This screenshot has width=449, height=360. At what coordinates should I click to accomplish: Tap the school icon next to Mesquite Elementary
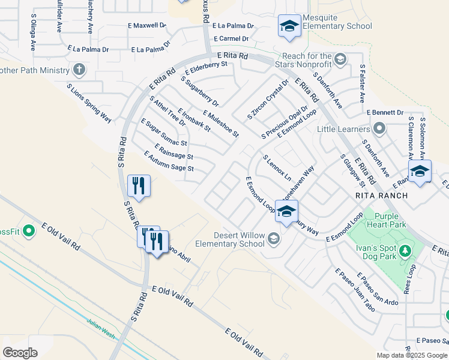tap(289, 26)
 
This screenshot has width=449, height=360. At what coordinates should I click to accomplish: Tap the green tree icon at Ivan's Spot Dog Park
tap(406, 250)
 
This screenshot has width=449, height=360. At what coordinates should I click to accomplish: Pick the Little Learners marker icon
tap(379, 128)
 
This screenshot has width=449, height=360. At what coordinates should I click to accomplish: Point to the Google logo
tap(20, 353)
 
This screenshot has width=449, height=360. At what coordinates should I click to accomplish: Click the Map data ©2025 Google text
tap(412, 355)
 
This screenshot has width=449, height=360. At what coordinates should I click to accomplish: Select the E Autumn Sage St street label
tap(169, 161)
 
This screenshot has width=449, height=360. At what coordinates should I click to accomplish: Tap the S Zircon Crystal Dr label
tap(268, 98)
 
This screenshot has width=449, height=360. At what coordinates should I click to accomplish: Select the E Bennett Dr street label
tap(384, 112)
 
